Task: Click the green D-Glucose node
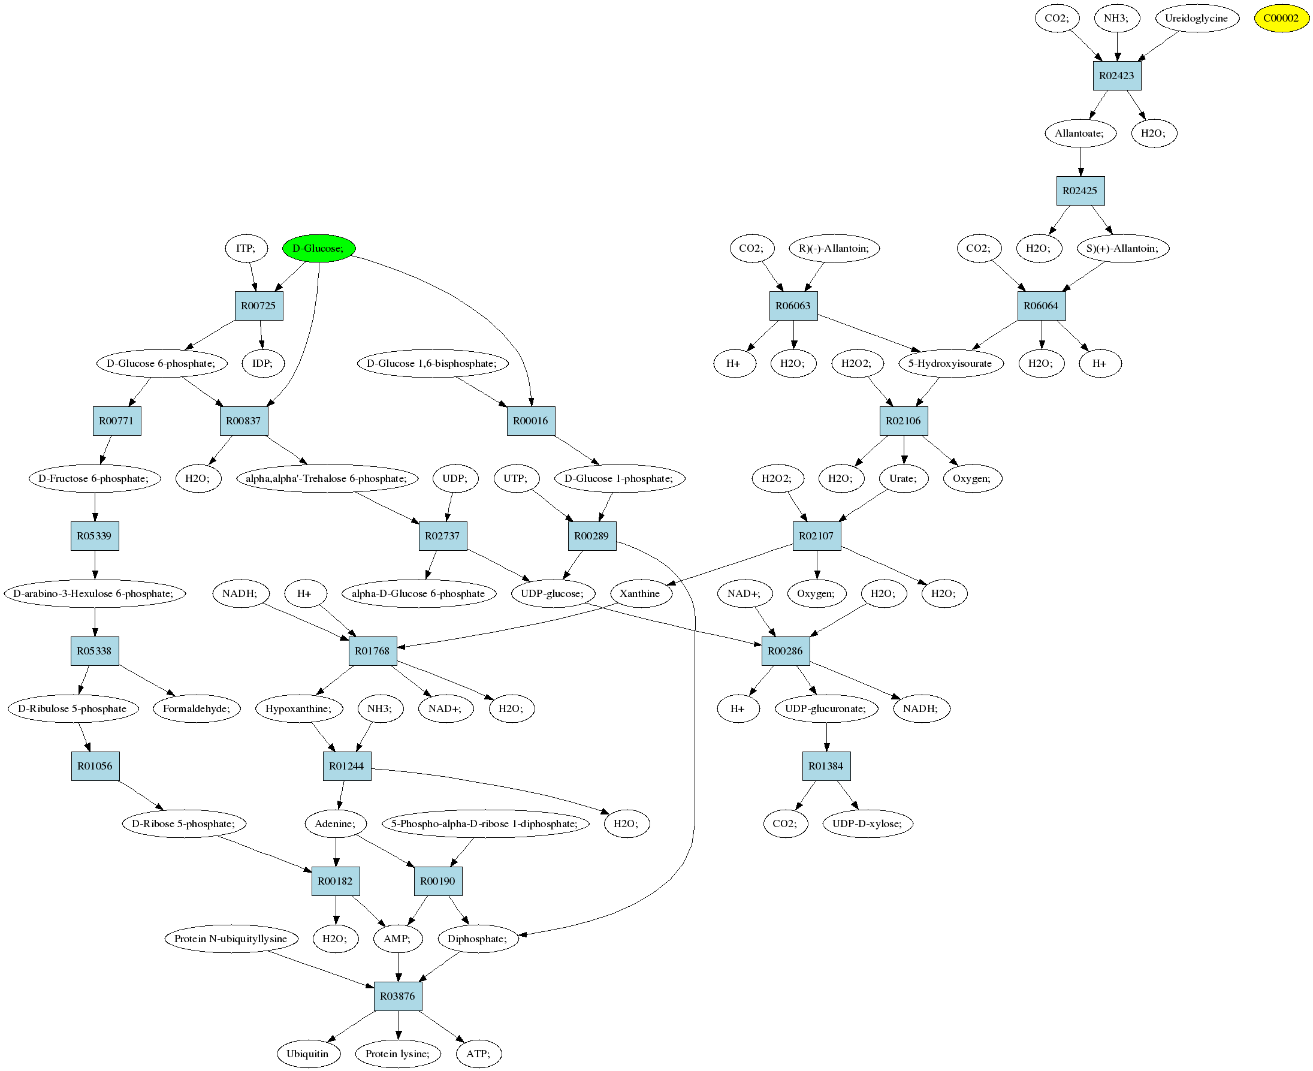318,248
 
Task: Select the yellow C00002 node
1281,18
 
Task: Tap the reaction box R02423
1116,76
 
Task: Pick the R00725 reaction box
258,306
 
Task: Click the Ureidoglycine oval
1196,18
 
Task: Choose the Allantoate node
1080,133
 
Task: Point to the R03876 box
398,996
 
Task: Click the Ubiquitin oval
308,1054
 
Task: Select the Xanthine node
640,593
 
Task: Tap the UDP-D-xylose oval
867,823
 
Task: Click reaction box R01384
826,766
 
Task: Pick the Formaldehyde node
196,709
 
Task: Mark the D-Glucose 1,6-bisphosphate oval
431,363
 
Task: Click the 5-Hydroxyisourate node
950,363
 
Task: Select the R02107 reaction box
816,536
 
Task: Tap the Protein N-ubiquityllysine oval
231,939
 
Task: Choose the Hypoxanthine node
298,709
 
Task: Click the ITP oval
246,248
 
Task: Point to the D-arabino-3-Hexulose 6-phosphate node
93,593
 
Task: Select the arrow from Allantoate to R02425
1080,162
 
